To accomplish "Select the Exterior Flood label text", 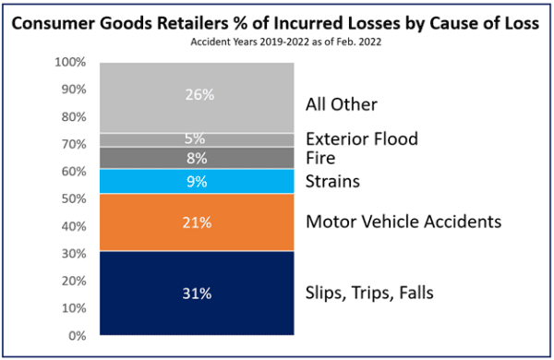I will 361,139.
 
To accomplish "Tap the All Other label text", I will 341,103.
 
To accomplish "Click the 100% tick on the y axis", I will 71,63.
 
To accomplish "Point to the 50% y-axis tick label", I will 74,199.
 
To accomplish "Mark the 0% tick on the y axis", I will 78,336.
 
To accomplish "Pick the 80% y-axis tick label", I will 74,117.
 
